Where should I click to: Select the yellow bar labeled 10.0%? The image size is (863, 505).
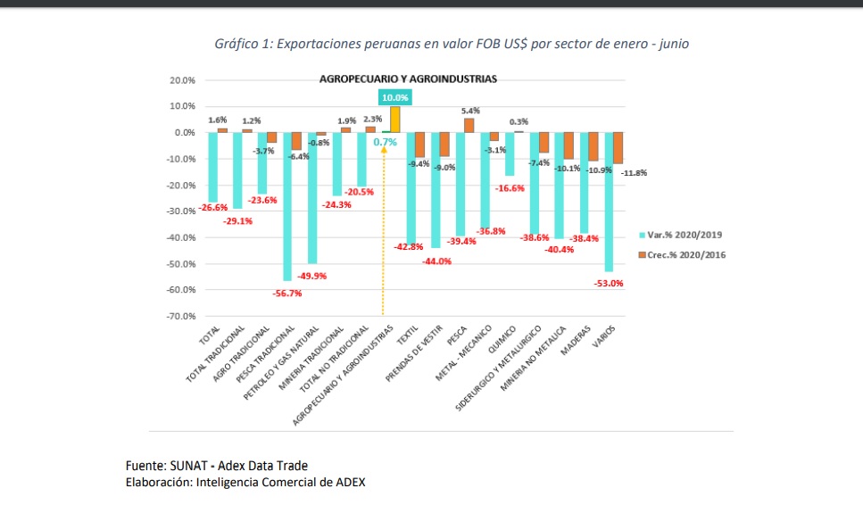point(394,120)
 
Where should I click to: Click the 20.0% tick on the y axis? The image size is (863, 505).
point(183,80)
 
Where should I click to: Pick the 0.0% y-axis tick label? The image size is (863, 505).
point(185,132)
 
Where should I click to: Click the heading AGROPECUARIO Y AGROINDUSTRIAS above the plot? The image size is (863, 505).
point(408,79)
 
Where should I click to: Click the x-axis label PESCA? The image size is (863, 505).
point(459,335)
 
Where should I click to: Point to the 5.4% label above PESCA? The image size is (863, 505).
point(470,111)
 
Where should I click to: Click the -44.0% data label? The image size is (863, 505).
point(437,261)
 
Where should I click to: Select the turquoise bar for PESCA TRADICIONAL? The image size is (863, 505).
point(287,206)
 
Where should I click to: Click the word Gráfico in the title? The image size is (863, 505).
point(235,44)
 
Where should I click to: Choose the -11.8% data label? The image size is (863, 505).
point(634,172)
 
